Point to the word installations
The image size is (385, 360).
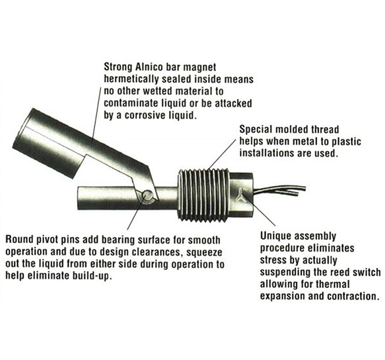tap(266, 153)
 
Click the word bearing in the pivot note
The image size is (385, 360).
tap(117, 240)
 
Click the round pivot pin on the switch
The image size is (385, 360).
tap(148, 196)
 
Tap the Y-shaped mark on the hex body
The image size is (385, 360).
tap(240, 193)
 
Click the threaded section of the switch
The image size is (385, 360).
tap(204, 195)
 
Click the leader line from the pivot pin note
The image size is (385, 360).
tap(135, 211)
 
